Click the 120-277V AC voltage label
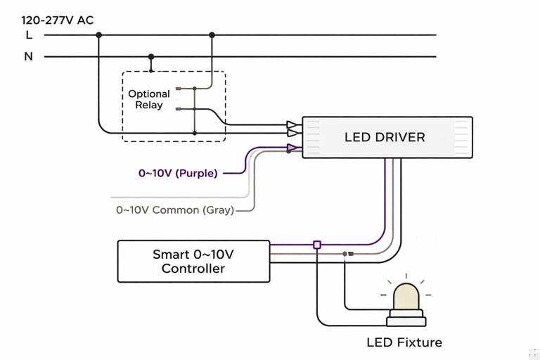(x=57, y=20)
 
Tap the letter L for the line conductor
(x=29, y=34)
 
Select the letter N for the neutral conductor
(x=29, y=56)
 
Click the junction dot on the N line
(x=151, y=56)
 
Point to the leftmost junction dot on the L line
(x=98, y=34)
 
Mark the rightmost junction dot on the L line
(x=212, y=34)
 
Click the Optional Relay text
(x=148, y=99)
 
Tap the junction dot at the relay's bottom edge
(x=195, y=132)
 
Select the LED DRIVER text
(x=385, y=137)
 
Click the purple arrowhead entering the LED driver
(x=292, y=148)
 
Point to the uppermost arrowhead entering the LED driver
(x=292, y=125)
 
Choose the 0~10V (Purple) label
(x=178, y=173)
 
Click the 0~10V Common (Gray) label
(x=175, y=210)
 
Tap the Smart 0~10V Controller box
(x=193, y=262)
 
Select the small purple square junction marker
(x=317, y=245)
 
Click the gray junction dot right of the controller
(x=345, y=253)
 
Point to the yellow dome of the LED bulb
(x=406, y=297)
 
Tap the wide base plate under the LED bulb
(x=406, y=321)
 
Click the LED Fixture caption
(x=404, y=342)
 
